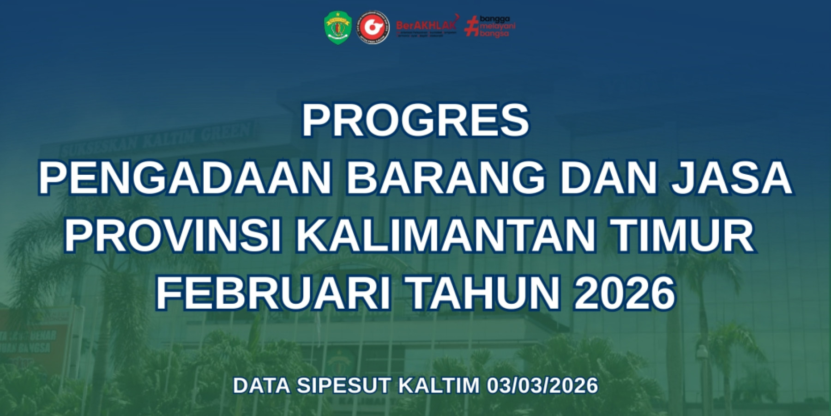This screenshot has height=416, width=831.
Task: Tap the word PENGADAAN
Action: pos(185,178)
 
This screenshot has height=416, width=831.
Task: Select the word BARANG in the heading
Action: pos(446,178)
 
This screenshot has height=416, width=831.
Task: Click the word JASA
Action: pos(732,178)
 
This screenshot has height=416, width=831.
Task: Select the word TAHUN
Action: pos(485,294)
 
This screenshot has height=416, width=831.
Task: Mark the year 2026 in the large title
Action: pos(624,294)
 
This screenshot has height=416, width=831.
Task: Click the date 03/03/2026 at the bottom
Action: pos(542,385)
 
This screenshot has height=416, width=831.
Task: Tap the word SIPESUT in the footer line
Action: pos(343,385)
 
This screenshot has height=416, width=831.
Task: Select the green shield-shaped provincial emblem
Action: pos(338,28)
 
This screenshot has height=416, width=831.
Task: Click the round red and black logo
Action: pos(373,28)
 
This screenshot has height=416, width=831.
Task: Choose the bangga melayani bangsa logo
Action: pos(490,26)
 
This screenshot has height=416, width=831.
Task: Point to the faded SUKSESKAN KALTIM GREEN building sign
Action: pos(157,139)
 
